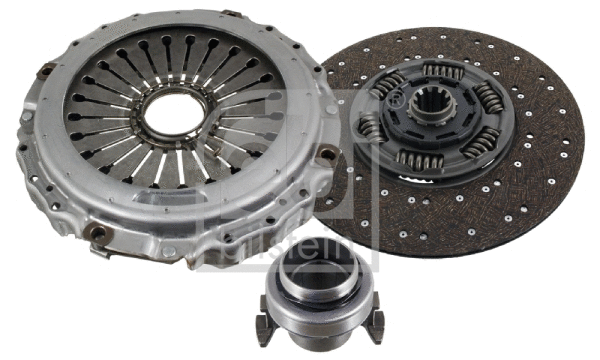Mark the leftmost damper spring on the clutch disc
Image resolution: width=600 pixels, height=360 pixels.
pos(373,128)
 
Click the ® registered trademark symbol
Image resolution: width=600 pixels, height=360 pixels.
pos(396,101)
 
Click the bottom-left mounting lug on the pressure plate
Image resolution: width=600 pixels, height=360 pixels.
pos(97,236)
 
